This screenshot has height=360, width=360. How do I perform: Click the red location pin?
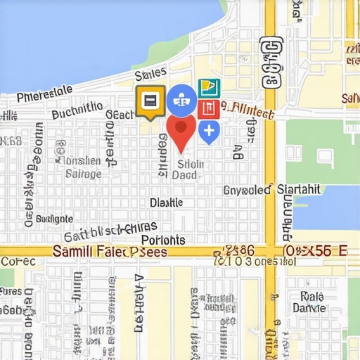tap(181, 131)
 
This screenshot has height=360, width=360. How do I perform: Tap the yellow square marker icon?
tap(150, 101)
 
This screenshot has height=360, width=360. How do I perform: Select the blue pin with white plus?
tap(209, 131)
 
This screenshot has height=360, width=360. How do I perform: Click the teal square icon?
tap(209, 88)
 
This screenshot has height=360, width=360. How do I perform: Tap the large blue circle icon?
tap(181, 100)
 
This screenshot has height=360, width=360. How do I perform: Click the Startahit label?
tap(299, 189)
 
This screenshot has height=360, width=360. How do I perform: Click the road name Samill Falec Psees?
tap(110, 252)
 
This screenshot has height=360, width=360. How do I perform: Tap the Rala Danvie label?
tap(309, 302)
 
